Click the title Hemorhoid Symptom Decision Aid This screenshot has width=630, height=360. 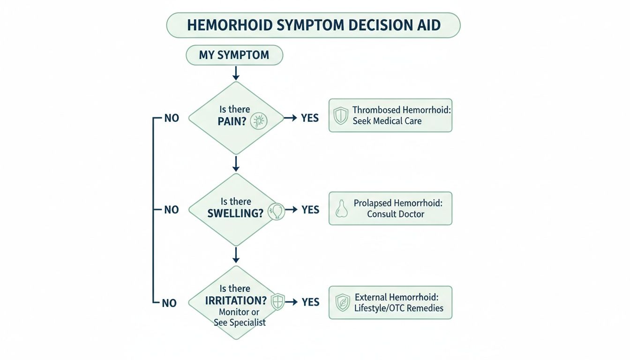[x=314, y=25]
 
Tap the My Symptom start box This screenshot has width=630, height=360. [x=234, y=55]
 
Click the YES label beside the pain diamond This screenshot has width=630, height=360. [x=310, y=118]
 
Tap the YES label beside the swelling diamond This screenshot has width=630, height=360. [x=310, y=210]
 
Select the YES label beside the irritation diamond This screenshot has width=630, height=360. [x=310, y=302]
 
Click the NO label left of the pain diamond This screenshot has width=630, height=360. [x=172, y=118]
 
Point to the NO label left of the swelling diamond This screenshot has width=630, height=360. [x=172, y=210]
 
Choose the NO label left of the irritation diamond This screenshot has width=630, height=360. [x=169, y=303]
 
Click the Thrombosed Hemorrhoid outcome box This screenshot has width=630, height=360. [x=390, y=115]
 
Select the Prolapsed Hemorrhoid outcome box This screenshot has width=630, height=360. [x=390, y=208]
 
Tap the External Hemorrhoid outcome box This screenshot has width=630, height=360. [x=390, y=303]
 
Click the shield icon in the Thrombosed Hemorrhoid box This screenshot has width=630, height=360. [x=340, y=115]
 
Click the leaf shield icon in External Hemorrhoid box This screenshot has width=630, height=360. [x=343, y=303]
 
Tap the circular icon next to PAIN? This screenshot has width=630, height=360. [x=259, y=121]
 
